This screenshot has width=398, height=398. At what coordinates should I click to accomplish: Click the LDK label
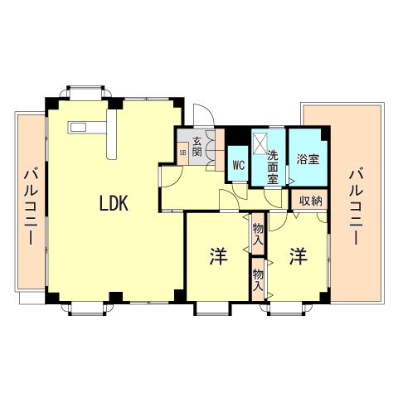pyautogui.click(x=114, y=203)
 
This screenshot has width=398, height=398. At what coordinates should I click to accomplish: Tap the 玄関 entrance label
pyautogui.click(x=197, y=146)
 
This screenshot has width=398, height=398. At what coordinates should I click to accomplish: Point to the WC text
pyautogui.click(x=237, y=164)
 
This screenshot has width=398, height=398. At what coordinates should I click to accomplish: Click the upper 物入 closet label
pyautogui.click(x=258, y=233)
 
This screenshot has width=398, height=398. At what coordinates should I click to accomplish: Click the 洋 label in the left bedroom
pyautogui.click(x=218, y=256)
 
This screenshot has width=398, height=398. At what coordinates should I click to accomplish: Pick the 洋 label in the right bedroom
pyautogui.click(x=298, y=256)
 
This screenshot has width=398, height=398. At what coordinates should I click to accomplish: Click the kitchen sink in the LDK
pyautogui.click(x=79, y=127)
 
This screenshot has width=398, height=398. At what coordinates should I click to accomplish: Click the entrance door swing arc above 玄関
pyautogui.click(x=201, y=116)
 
